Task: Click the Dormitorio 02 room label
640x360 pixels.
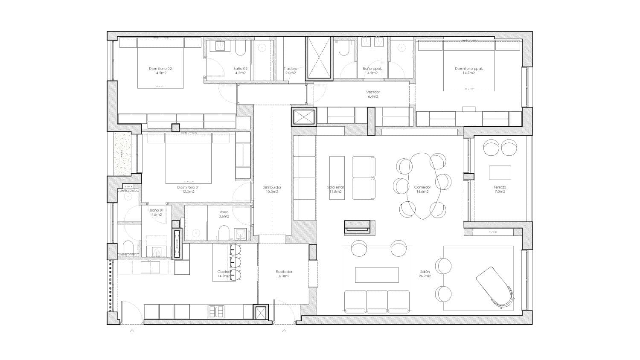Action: [160, 68]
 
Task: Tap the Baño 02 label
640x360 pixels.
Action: [240, 68]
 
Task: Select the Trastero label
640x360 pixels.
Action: [290, 68]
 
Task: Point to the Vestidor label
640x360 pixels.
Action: [372, 92]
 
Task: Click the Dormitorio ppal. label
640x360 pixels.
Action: [469, 68]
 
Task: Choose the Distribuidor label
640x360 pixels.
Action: [272, 187]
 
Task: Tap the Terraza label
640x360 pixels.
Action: [500, 187]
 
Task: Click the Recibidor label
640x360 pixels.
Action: [284, 272]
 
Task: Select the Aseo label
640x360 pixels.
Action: [224, 212]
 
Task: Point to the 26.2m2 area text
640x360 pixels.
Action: [425, 276]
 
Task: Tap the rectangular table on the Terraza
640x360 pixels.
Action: [500, 173]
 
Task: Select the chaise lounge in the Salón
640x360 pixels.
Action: [495, 285]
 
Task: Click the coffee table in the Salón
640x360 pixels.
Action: [377, 275]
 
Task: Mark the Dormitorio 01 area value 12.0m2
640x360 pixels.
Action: [189, 192]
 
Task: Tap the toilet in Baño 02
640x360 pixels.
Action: [240, 49]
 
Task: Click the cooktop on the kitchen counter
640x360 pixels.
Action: [216, 312]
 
